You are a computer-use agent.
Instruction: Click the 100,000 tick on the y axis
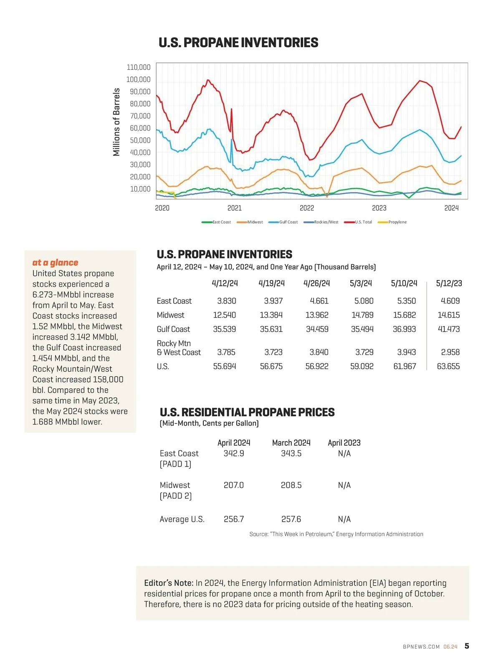tap(138, 79)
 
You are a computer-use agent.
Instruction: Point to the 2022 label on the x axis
tap(307, 208)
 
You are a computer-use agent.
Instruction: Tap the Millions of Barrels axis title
tap(116, 122)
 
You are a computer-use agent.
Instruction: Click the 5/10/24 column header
tap(404, 283)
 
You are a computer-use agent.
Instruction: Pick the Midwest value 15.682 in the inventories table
tap(404, 315)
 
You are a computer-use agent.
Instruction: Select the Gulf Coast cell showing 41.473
tap(448, 329)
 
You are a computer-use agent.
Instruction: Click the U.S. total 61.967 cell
tap(404, 366)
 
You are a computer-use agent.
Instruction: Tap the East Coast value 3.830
tap(226, 301)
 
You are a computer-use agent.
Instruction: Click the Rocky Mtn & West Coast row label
tap(178, 348)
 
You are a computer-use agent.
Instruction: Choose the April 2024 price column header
tap(234, 443)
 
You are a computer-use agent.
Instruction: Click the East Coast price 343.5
tap(291, 453)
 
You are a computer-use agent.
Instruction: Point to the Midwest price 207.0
tap(233, 485)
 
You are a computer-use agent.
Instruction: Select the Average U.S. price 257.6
tap(291, 519)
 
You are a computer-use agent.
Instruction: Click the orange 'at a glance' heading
tap(55, 263)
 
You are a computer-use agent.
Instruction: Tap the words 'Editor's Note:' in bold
tap(169, 583)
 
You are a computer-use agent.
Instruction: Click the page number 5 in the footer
tap(467, 646)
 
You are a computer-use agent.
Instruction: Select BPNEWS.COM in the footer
tap(421, 647)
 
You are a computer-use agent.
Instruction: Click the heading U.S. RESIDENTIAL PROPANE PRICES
tap(247, 412)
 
